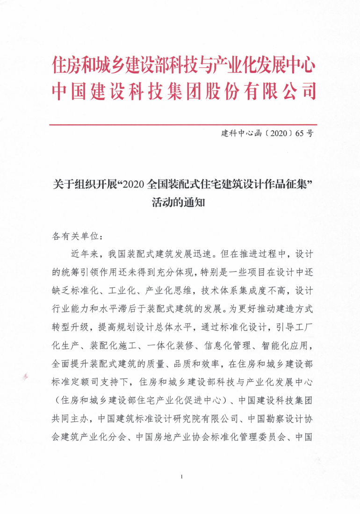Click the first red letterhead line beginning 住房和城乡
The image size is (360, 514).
click(x=183, y=65)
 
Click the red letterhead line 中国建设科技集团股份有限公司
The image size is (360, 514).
click(x=183, y=92)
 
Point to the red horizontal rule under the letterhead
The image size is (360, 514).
click(x=183, y=125)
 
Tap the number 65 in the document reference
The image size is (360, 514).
click(x=299, y=132)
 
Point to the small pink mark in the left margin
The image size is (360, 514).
click(x=25, y=376)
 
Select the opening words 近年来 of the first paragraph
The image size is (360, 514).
click(x=85, y=254)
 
